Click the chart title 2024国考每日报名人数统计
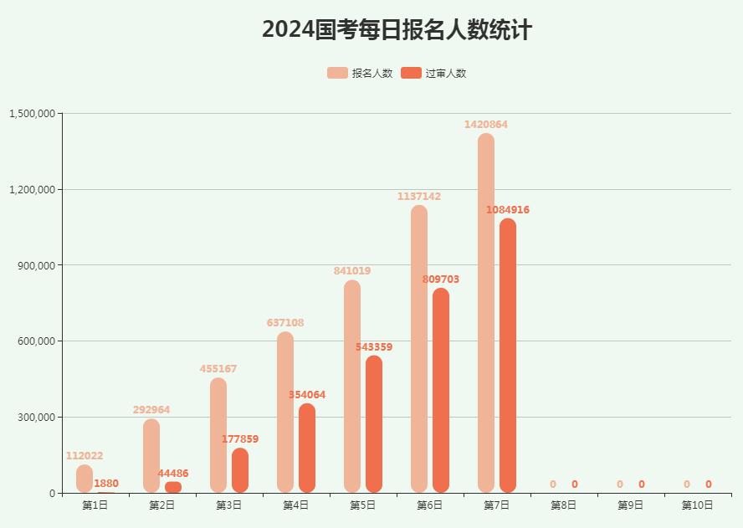[x=397, y=30]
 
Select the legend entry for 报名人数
[x=360, y=73]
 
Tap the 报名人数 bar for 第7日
[x=486, y=313]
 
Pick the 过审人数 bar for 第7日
[x=508, y=356]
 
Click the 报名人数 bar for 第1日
[x=85, y=479]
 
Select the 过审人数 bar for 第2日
[x=173, y=487]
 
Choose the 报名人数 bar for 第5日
[x=352, y=387]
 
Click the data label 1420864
[x=486, y=125]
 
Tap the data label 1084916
[x=508, y=210]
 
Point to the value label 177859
[x=240, y=439]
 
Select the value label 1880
[x=106, y=484]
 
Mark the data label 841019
[x=352, y=271]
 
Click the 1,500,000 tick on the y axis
[x=33, y=114]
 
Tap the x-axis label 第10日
[x=698, y=505]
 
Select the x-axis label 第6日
[x=430, y=505]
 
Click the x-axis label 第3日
[x=229, y=505]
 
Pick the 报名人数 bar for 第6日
[x=419, y=349]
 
